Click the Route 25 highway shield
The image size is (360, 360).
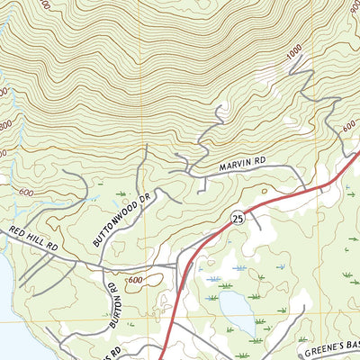[x=237, y=218]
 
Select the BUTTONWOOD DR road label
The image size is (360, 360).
[x=120, y=219]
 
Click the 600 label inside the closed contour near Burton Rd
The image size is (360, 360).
[x=135, y=281]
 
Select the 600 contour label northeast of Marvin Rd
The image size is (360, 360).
[x=348, y=129]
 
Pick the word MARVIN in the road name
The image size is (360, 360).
[x=229, y=166]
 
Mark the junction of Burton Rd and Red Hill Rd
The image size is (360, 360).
[x=104, y=266]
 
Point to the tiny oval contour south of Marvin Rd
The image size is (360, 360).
[x=264, y=191]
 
